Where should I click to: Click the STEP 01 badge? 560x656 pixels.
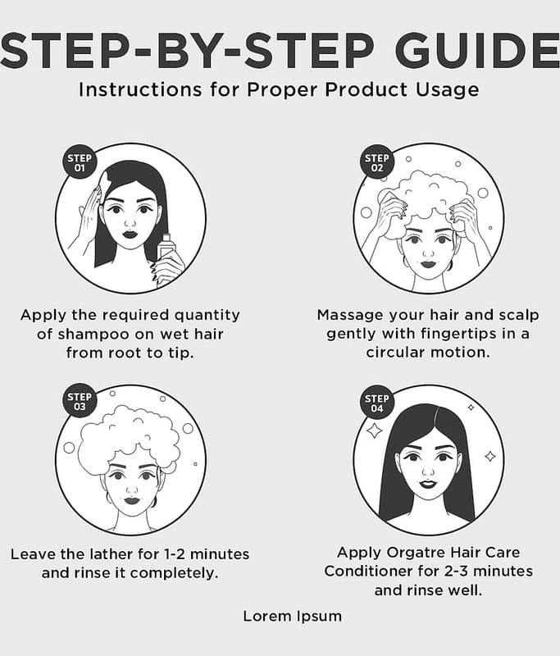tap(80, 162)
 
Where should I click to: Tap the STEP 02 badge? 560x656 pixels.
tap(377, 162)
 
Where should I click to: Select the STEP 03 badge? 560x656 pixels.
tap(80, 402)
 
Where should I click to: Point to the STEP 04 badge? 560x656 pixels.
tap(377, 403)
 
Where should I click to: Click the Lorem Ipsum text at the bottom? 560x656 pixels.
tap(293, 617)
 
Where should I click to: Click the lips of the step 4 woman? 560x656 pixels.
tap(427, 484)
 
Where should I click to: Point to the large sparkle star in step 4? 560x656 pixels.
tap(374, 430)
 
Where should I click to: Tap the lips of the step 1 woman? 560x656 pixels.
tap(130, 233)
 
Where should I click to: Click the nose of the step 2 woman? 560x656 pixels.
tap(429, 252)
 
